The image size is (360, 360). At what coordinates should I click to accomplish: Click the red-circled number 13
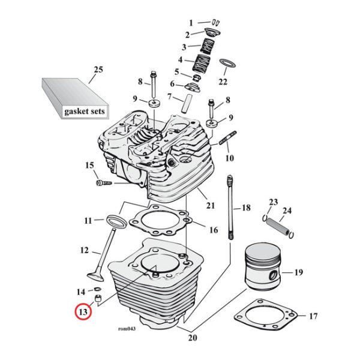click(82, 313)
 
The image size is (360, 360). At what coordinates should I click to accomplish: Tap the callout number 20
click(191, 337)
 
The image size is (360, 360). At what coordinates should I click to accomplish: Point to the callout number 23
click(273, 202)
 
